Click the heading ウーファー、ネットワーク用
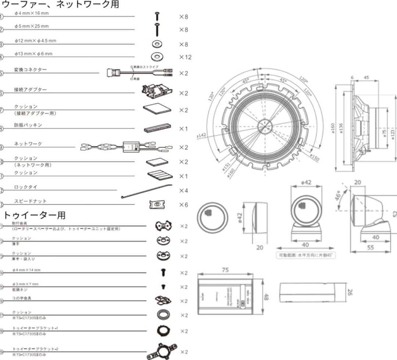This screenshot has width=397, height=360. pos(61,5)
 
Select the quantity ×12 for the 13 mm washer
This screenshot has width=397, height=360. pos(185,57)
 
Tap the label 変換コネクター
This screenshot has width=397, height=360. pos(31,69)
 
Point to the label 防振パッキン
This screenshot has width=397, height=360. pos(28,125)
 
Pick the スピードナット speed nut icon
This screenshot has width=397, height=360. pos(157,205)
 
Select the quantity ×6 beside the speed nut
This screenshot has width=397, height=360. pos(183,205)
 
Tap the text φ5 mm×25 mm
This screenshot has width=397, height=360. pos(32,26)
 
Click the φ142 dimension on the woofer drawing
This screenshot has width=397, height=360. pos(201,135)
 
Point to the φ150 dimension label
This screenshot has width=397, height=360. pos(314,157)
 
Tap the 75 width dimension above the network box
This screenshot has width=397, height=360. pos(225,270)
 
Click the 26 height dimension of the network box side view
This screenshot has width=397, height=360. pos(350,293)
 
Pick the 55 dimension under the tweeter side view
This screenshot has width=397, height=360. pos(370,248)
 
